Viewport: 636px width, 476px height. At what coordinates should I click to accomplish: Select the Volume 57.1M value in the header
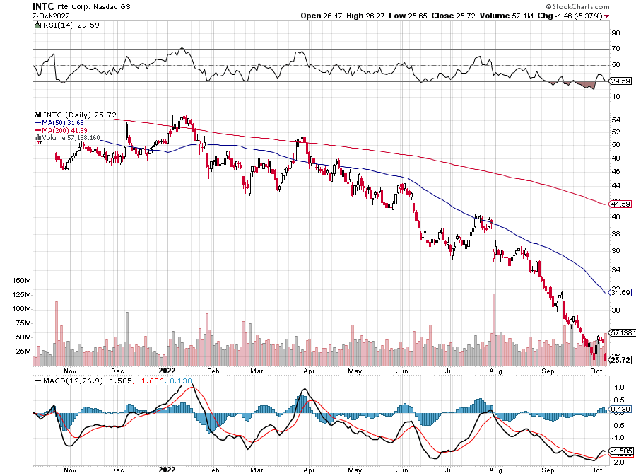pyautogui.click(x=519, y=15)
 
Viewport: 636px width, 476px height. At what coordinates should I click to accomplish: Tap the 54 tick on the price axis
pyautogui.click(x=616, y=120)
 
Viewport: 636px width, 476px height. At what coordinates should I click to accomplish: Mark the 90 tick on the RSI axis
pyautogui.click(x=616, y=33)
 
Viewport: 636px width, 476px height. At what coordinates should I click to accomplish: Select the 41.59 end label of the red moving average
pyautogui.click(x=620, y=204)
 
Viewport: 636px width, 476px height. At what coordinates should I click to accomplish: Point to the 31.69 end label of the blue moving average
pyautogui.click(x=620, y=292)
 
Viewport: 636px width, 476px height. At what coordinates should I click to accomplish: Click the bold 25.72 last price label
pyautogui.click(x=620, y=361)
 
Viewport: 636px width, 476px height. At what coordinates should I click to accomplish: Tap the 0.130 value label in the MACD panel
pyautogui.click(x=620, y=410)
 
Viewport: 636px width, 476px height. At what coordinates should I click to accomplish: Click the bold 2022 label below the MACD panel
pyautogui.click(x=167, y=470)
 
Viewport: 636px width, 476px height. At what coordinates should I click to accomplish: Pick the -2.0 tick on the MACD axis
pyautogui.click(x=617, y=462)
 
